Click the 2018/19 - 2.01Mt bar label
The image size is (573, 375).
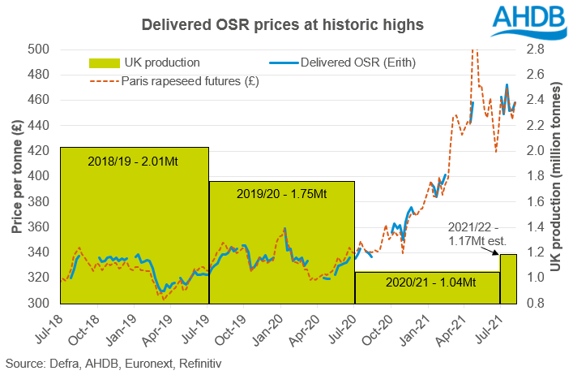132,162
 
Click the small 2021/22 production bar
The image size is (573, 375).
508,279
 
